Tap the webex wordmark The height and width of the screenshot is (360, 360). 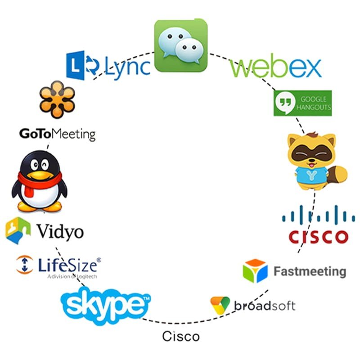(x=275, y=68)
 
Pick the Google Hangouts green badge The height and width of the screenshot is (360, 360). (x=302, y=103)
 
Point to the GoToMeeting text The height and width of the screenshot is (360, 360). (x=58, y=134)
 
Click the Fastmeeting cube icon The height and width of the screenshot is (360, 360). (x=255, y=271)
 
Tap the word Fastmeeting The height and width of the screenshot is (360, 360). (x=310, y=271)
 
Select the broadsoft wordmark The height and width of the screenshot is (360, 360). (x=265, y=306)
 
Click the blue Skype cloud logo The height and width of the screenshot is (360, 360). (x=106, y=306)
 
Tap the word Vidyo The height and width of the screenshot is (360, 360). (x=60, y=232)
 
